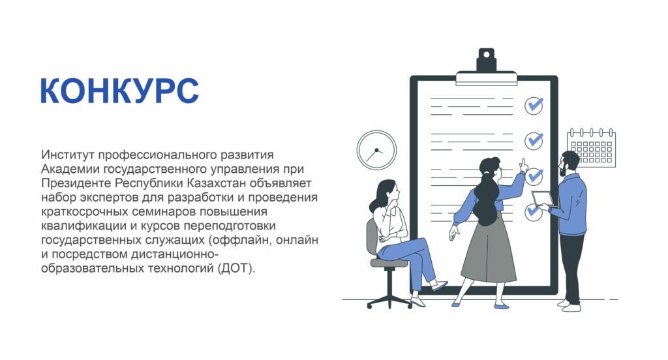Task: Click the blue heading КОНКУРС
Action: click(x=120, y=91)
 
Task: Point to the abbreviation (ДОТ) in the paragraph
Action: click(x=236, y=269)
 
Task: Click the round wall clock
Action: click(x=376, y=150)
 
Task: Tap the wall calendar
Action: click(x=592, y=147)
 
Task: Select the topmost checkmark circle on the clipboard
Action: click(x=534, y=105)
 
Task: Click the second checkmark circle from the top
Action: click(x=534, y=140)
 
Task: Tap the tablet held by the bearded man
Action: click(x=543, y=199)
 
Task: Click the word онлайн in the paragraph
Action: click(x=297, y=240)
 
